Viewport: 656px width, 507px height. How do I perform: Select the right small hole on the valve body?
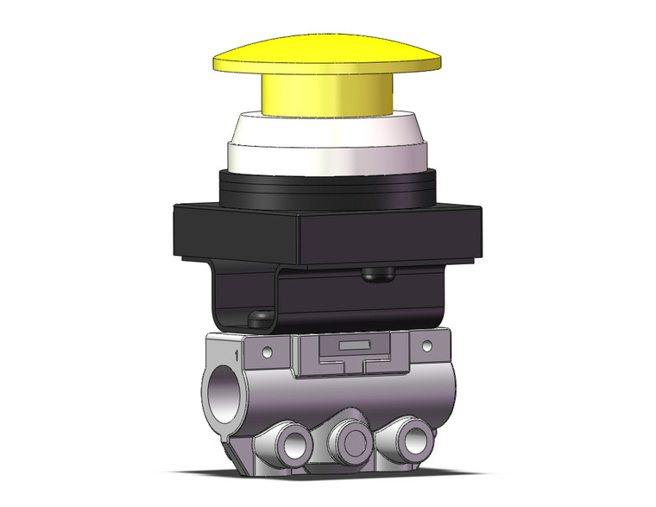(x=425, y=346)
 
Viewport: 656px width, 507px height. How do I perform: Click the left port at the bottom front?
(x=289, y=444)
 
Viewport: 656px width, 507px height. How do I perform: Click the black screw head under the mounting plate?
(x=376, y=275)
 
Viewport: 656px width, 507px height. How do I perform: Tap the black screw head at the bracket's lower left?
(x=257, y=319)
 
